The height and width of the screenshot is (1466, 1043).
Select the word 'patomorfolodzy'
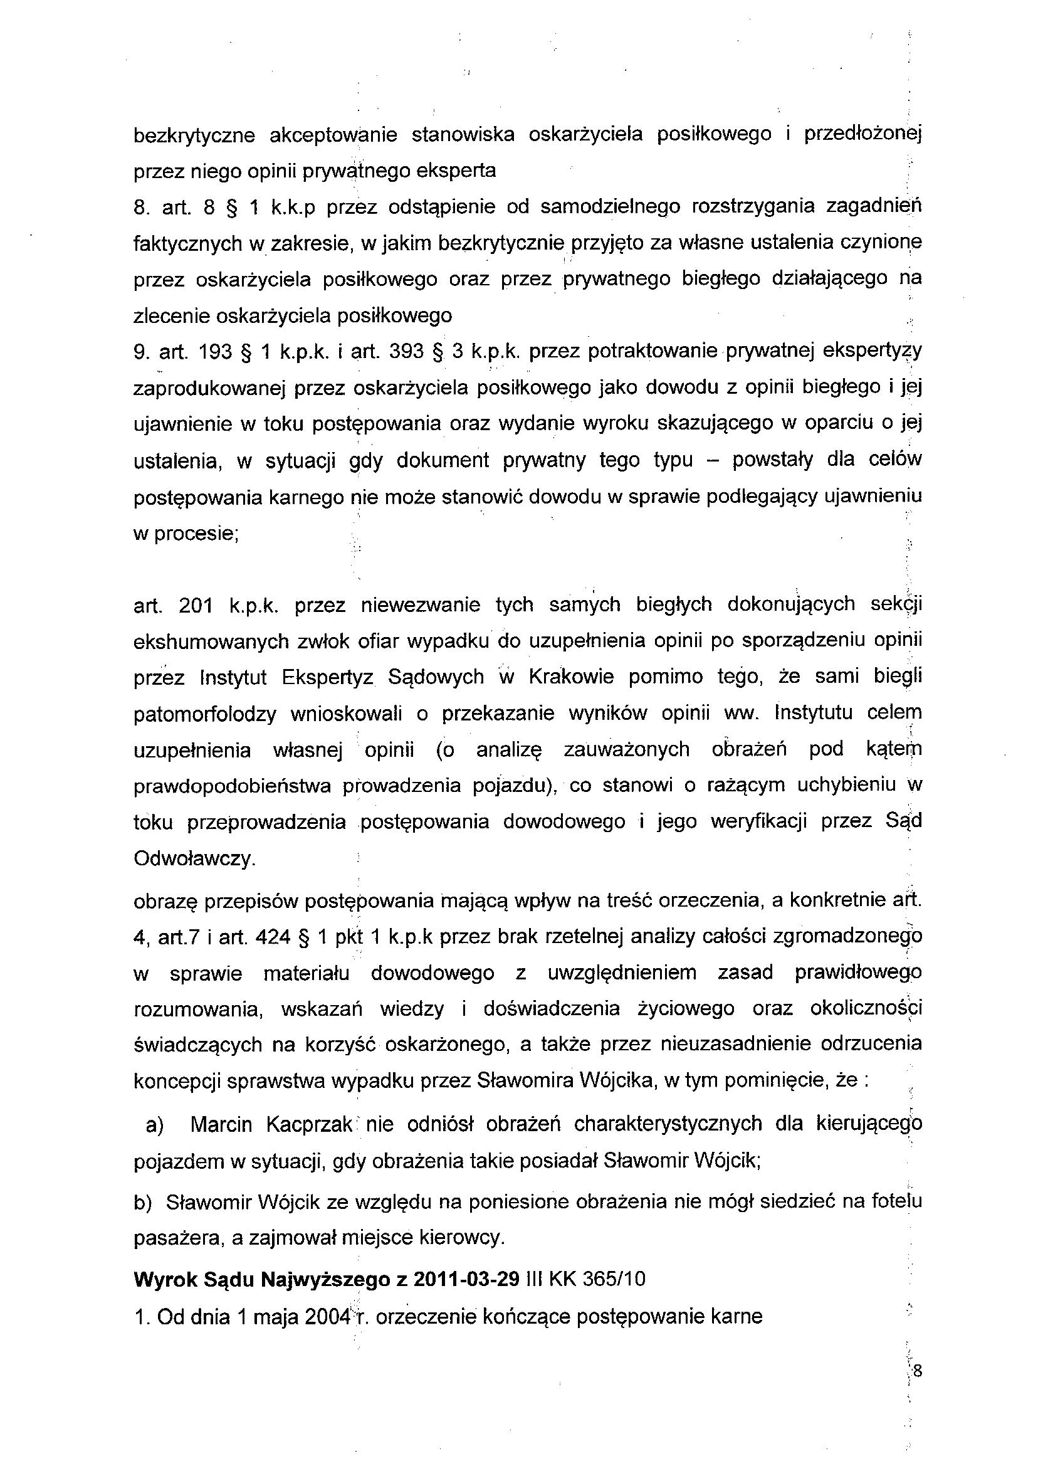click(205, 714)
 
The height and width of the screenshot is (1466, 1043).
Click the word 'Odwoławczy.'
click(194, 859)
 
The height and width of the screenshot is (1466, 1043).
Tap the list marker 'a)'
click(155, 1125)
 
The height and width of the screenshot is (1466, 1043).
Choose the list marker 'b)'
click(142, 1203)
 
